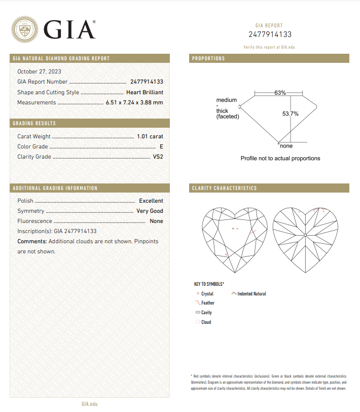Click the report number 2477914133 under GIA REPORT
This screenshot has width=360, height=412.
tap(270, 34)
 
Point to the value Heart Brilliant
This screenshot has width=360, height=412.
tap(145, 92)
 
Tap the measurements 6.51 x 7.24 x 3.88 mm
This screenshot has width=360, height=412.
tap(134, 102)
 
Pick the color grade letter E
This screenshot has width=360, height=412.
tap(161, 146)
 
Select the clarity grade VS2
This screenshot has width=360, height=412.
tap(158, 157)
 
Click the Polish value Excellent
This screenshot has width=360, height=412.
tap(151, 201)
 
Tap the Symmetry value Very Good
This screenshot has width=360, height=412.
tap(150, 211)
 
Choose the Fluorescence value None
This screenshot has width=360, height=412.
tap(156, 221)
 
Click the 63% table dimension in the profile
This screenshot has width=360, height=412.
tap(280, 93)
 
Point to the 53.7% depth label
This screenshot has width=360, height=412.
tap(291, 114)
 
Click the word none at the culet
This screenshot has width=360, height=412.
tap(286, 146)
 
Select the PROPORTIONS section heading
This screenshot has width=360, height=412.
tap(208, 59)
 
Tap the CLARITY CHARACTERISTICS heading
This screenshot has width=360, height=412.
tap(224, 189)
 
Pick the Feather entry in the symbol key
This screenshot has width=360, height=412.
tap(208, 303)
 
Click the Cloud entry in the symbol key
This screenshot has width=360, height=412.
tap(206, 322)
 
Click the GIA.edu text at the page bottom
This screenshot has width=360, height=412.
tap(89, 403)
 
